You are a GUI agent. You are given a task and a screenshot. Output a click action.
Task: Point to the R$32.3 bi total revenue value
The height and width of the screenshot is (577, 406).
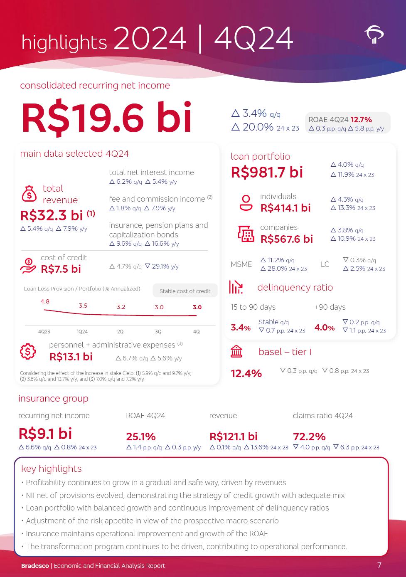coord(52,215)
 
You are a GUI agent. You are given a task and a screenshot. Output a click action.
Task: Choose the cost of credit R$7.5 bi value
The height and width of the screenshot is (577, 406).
coord(61,269)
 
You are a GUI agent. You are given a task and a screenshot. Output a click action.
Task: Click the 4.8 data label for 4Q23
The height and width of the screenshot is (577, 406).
coord(45,301)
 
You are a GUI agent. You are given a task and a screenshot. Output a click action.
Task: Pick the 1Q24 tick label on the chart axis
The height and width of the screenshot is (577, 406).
coord(82,332)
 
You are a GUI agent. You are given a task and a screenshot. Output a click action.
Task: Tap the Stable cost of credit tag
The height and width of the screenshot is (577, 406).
coord(185,291)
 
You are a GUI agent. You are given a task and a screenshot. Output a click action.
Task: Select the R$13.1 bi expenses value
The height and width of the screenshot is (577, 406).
coord(71,357)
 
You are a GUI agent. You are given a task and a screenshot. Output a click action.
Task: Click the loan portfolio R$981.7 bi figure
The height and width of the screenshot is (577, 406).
coord(267,172)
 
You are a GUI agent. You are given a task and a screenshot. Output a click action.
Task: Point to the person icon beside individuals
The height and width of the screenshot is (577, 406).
coord(246,202)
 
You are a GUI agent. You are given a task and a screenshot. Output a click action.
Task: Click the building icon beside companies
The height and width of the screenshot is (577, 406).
coord(246,234)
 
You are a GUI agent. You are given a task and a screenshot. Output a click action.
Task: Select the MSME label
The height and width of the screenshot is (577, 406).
coord(241,264)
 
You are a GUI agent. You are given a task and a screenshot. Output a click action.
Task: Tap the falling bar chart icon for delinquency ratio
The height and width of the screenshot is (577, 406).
coord(236,287)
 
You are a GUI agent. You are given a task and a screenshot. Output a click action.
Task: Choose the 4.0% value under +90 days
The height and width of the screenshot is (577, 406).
coord(325,328)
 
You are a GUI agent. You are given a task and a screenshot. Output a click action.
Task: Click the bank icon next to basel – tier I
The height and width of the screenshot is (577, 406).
coord(236,352)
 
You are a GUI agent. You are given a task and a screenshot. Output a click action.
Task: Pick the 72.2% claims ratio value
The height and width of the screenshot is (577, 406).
coord(309,436)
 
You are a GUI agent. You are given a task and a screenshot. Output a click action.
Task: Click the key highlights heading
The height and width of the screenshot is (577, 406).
coord(51,469)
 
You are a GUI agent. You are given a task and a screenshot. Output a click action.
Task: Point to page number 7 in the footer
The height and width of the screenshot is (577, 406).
coord(379,565)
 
